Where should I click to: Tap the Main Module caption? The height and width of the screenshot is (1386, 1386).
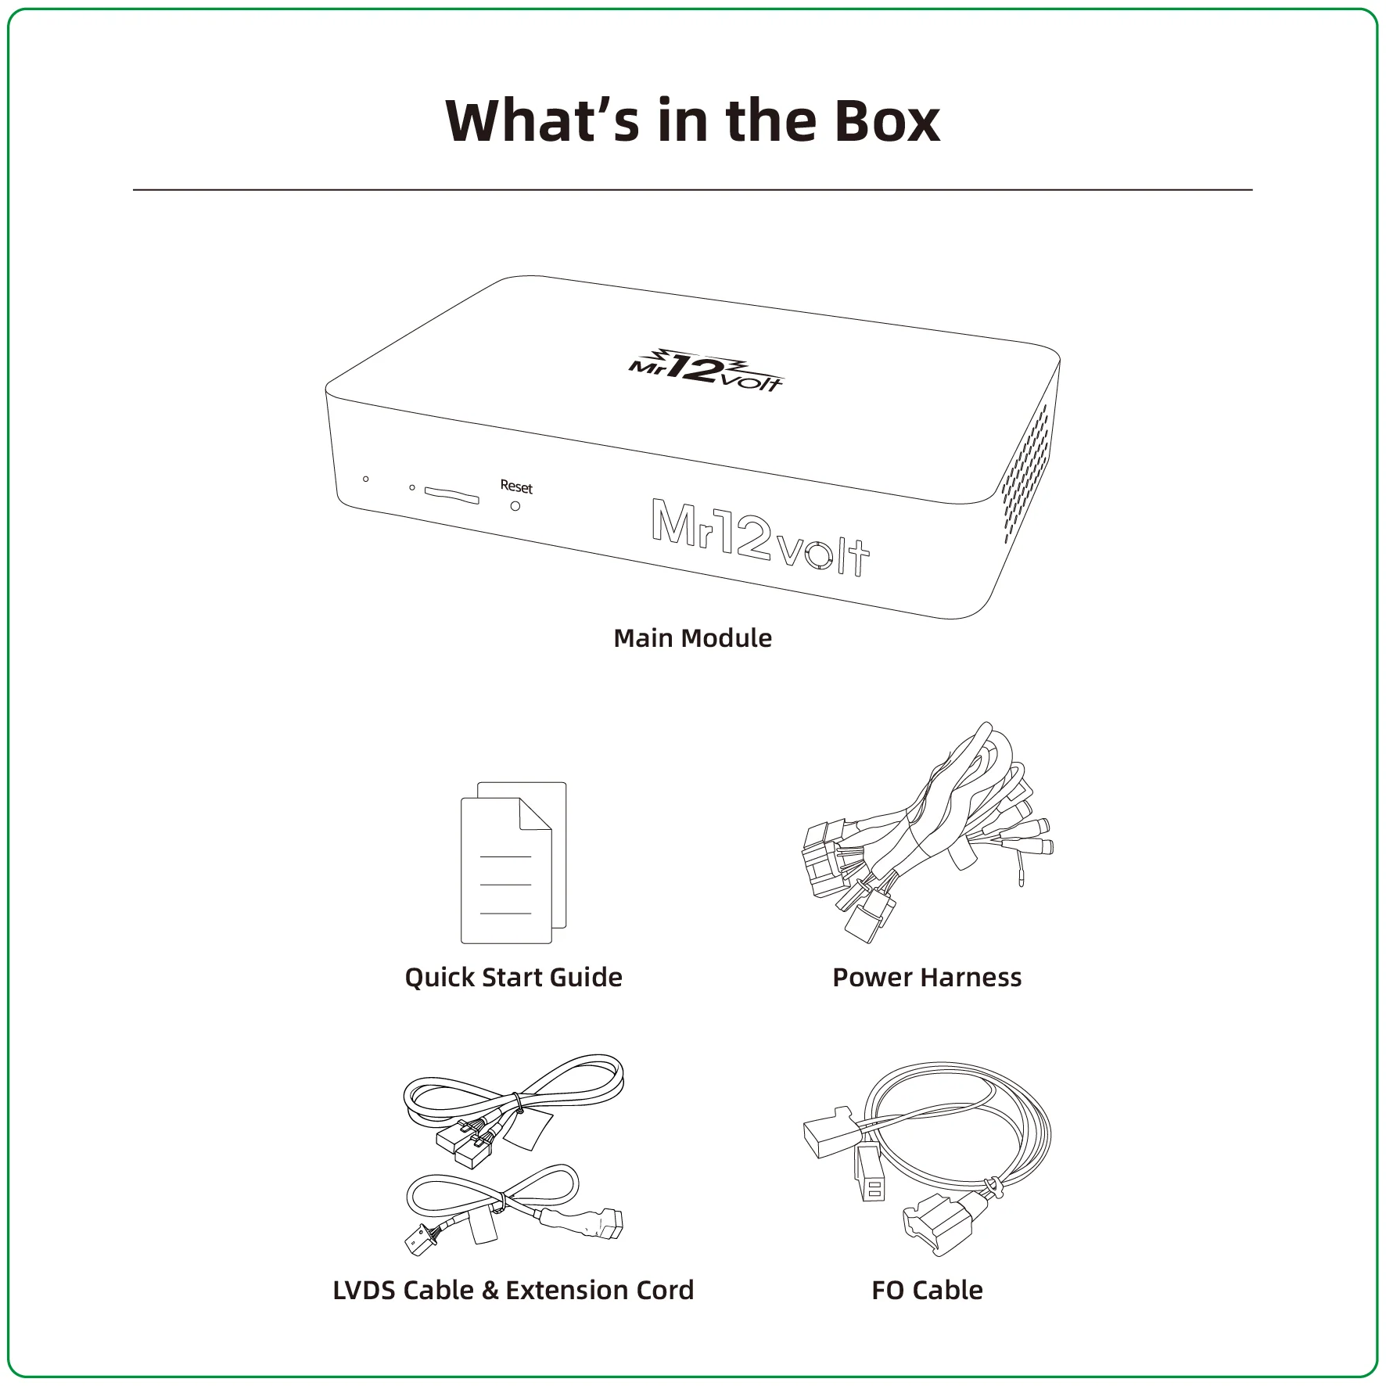692,638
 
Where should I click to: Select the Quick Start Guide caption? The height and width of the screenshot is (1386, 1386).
513,978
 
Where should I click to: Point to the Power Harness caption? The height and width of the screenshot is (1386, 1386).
927,978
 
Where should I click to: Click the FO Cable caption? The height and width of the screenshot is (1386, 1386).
927,1290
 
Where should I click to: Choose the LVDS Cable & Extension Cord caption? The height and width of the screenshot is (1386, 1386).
513,1290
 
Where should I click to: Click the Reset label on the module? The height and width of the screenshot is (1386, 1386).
516,487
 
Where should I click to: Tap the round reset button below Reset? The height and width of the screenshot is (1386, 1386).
515,506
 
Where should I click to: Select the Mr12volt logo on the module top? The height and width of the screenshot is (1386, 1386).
706,370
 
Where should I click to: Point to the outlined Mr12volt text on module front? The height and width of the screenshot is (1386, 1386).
760,538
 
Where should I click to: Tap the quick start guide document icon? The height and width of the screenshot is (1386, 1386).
513,863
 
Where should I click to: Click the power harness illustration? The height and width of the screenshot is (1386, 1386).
927,832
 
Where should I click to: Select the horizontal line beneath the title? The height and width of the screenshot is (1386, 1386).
692,189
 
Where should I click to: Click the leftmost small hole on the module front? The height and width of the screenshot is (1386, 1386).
365,479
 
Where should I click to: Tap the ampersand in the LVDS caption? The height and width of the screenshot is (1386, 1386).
490,1290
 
